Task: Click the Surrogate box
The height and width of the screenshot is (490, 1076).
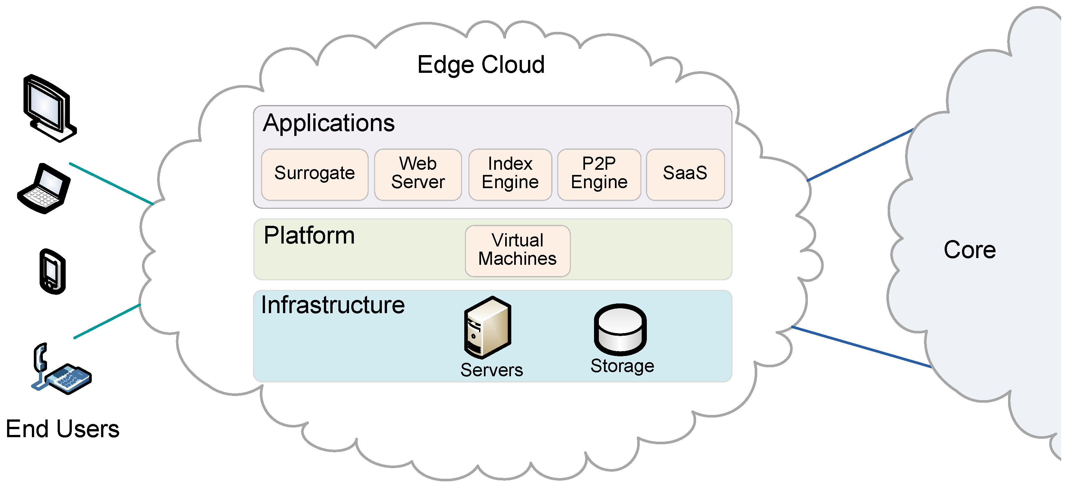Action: [x=315, y=174]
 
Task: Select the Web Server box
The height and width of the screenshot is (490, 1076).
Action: [x=418, y=174]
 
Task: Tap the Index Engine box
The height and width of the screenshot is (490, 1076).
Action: [x=510, y=174]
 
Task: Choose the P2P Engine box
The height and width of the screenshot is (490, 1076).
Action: [x=599, y=174]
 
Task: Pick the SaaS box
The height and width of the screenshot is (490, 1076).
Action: [x=685, y=174]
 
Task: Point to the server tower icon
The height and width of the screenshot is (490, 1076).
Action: [x=487, y=327]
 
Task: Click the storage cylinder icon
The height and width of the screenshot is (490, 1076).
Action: [x=620, y=330]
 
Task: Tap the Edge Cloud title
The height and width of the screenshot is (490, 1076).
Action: [x=481, y=65]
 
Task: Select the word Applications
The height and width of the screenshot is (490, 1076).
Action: [x=329, y=123]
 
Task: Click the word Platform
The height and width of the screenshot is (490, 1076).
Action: [x=309, y=235]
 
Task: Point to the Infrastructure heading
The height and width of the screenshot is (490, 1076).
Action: [x=333, y=305]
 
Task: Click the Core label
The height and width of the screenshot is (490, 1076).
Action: [x=969, y=250]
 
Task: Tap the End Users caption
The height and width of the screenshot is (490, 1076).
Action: [x=63, y=429]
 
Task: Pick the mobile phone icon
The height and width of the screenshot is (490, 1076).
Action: [x=52, y=272]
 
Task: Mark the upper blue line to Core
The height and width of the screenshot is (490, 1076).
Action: [x=860, y=155]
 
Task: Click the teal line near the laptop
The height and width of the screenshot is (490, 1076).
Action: [x=111, y=183]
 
